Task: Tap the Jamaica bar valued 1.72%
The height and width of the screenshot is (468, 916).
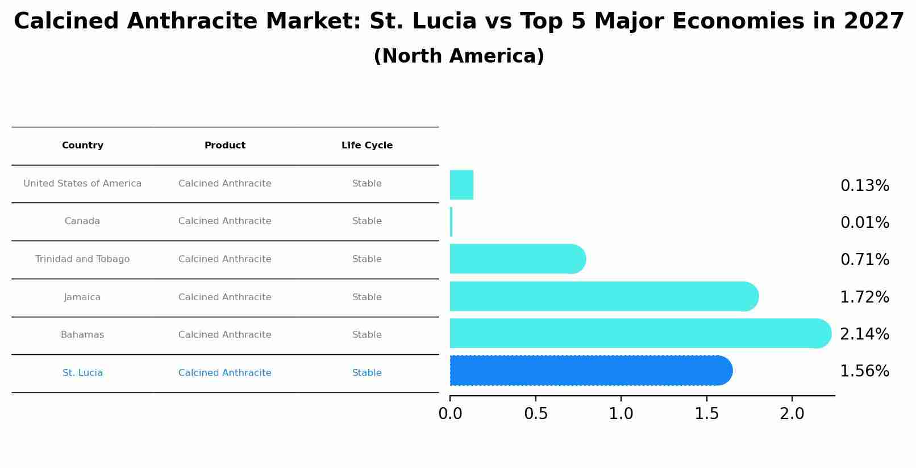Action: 603,297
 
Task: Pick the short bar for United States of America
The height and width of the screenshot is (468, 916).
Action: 461,185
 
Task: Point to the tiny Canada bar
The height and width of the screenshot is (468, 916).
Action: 451,222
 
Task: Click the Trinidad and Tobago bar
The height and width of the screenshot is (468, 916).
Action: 517,259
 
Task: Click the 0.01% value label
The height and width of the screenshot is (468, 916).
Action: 864,223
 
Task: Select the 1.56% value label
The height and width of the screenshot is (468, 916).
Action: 864,371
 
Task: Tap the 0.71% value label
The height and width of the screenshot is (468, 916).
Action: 864,260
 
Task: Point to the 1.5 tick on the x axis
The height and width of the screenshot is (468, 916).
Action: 706,414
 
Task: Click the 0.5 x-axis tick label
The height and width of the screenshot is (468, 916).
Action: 535,414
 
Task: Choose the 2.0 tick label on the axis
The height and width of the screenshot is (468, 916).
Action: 792,414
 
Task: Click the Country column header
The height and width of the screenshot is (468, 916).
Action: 82,146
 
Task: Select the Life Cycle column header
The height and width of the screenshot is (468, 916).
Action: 367,146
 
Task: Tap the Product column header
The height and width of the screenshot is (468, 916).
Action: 225,146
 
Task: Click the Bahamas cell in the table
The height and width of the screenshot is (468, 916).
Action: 82,335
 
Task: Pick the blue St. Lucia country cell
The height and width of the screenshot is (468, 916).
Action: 82,373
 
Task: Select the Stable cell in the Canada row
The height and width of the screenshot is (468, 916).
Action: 367,221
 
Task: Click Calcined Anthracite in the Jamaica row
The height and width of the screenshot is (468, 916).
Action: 225,297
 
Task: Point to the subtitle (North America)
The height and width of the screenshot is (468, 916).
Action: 459,56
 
